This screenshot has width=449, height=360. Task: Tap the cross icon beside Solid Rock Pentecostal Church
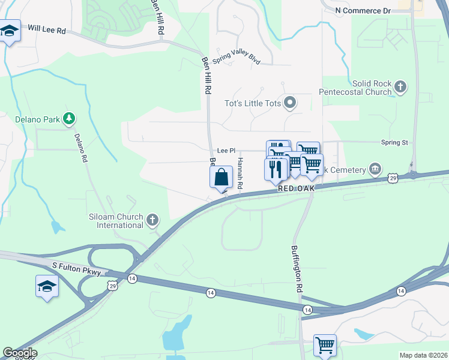[401, 88]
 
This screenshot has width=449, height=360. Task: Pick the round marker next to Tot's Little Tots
[291, 103]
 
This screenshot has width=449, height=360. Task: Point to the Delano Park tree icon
[70, 119]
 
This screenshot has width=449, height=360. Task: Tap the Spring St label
[394, 142]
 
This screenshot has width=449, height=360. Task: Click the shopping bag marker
[221, 178]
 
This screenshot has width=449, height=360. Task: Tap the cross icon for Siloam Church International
[152, 221]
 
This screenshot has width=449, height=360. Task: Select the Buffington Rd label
[297, 268]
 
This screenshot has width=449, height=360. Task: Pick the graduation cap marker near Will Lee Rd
[9, 31]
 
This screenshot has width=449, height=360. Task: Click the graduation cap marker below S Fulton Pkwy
[47, 286]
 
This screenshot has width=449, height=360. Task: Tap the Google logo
[19, 353]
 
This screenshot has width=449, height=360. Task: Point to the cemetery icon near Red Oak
[376, 168]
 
